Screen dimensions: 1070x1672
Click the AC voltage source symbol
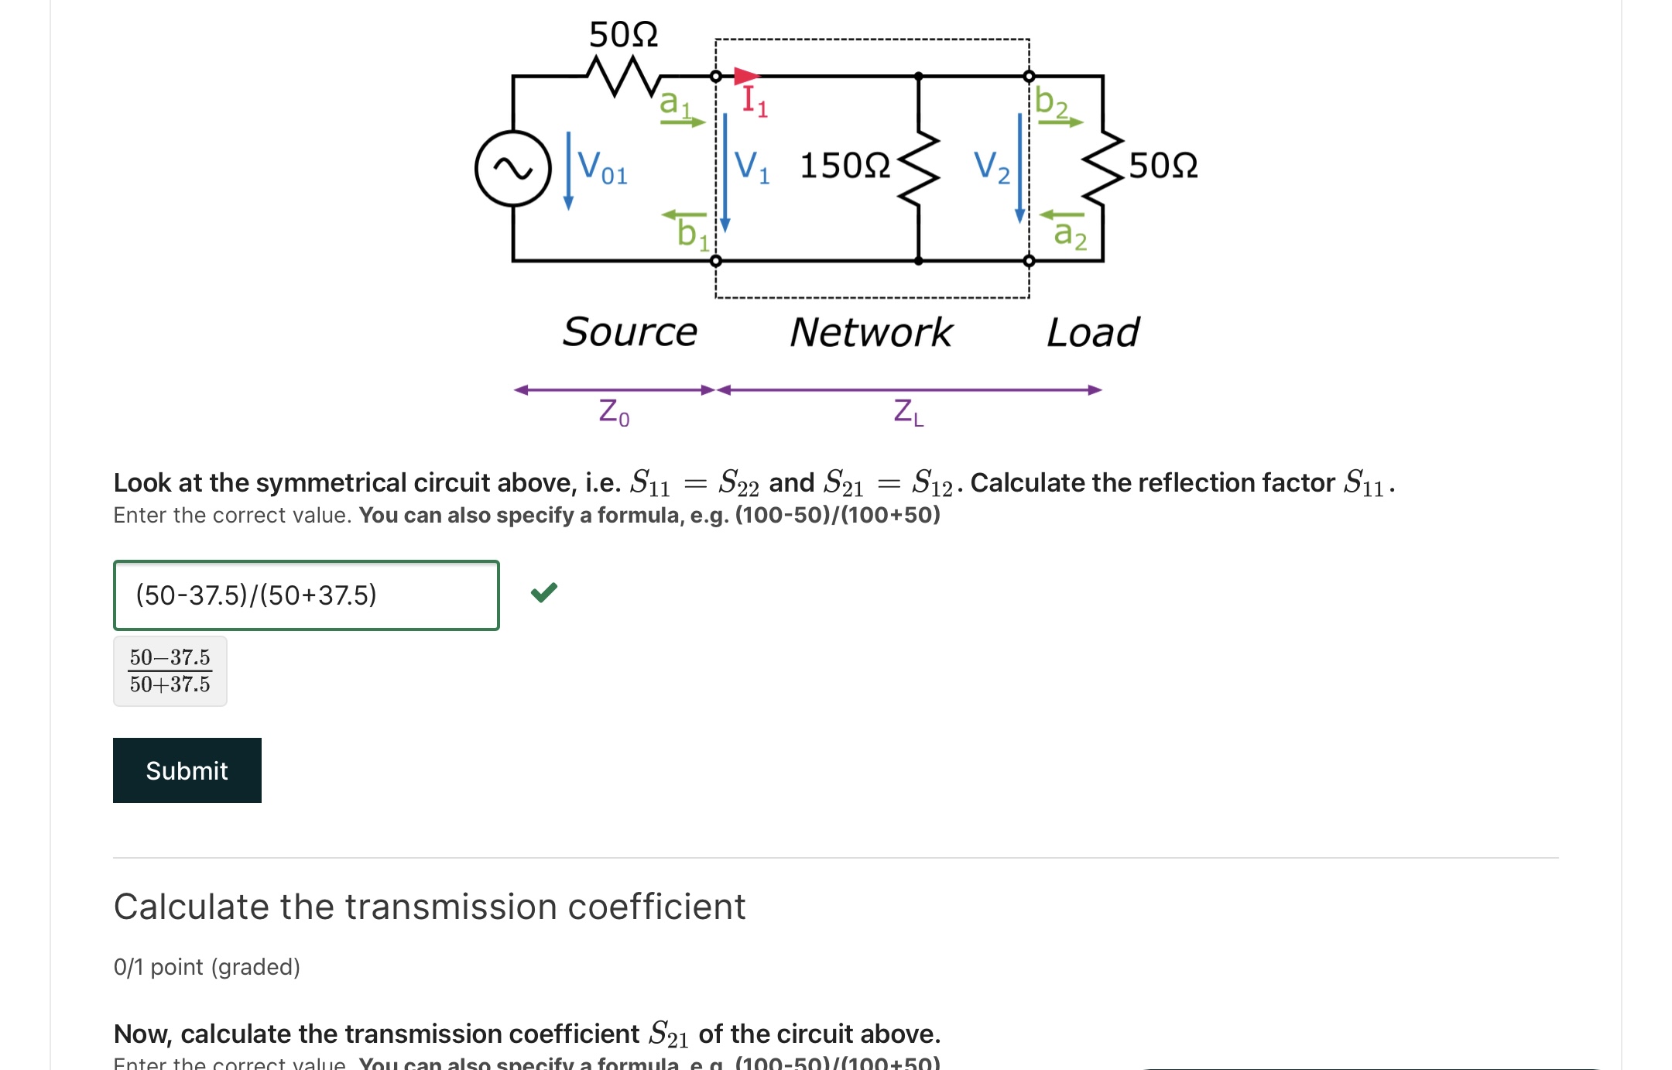pyautogui.click(x=512, y=168)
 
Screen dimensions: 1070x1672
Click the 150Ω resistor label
pyautogui.click(x=845, y=166)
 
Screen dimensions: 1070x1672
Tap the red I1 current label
pyautogui.click(x=754, y=101)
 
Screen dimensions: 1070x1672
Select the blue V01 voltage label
pyautogui.click(x=602, y=167)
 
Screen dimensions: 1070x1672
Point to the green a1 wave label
pyautogui.click(x=674, y=103)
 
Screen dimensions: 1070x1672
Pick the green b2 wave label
pyautogui.click(x=1051, y=102)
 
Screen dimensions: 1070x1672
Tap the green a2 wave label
pyautogui.click(x=1070, y=233)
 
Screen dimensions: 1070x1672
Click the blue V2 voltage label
pyautogui.click(x=992, y=166)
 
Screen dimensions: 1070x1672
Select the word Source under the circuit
pyautogui.click(x=629, y=332)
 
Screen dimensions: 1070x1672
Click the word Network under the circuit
pyautogui.click(x=871, y=332)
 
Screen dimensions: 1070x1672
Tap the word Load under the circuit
pyautogui.click(x=1092, y=332)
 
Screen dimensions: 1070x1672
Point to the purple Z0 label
pyautogui.click(x=614, y=412)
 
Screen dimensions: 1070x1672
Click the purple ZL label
pyautogui.click(x=908, y=412)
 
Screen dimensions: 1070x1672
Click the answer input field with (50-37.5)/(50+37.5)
pyautogui.click(x=306, y=595)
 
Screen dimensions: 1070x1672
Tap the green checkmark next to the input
pyautogui.click(x=544, y=593)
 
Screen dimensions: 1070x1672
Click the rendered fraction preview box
pyautogui.click(x=170, y=671)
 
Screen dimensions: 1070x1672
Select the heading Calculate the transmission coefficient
pyautogui.click(x=430, y=907)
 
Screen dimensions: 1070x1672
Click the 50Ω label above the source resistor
pyautogui.click(x=623, y=35)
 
